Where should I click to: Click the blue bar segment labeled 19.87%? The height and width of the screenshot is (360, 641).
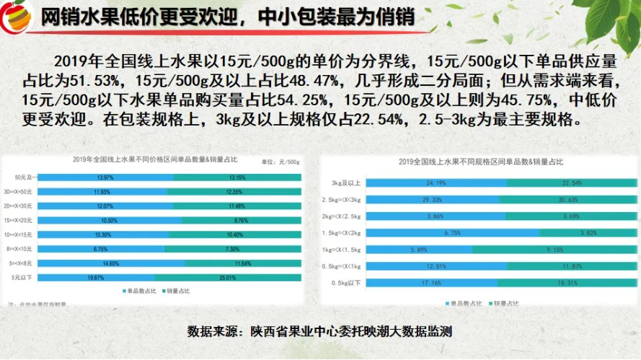point(96,276)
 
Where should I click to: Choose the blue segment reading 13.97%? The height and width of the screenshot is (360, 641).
point(105,177)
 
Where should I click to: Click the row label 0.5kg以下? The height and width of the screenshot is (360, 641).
point(347,283)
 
